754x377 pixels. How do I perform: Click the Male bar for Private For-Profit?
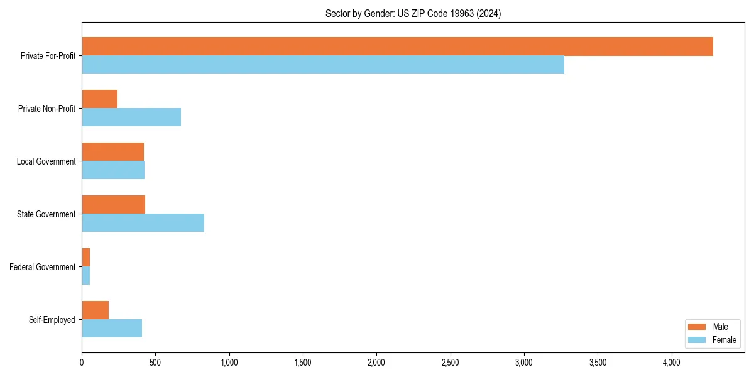pos(397,46)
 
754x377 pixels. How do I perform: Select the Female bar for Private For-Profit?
pos(323,65)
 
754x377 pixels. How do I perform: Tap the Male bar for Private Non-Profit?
pos(99,99)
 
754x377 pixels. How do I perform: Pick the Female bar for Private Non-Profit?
pos(131,117)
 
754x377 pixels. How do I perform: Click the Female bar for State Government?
pos(143,223)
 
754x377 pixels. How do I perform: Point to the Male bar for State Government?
pos(113,205)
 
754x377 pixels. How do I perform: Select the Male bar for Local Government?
pos(112,152)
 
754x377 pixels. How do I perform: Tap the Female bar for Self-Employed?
pos(112,329)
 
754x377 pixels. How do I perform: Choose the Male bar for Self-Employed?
pos(95,310)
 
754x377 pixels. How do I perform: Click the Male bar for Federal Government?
pos(85,258)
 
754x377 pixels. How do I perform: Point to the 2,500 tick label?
pos(450,362)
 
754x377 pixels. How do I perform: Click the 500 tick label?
pos(155,362)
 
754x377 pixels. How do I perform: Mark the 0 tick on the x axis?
pos(82,362)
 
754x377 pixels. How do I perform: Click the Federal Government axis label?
pos(43,267)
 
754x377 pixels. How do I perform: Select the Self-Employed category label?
pos(52,320)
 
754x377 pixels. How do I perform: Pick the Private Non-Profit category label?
pos(46,109)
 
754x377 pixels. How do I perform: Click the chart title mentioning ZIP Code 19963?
pos(413,13)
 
